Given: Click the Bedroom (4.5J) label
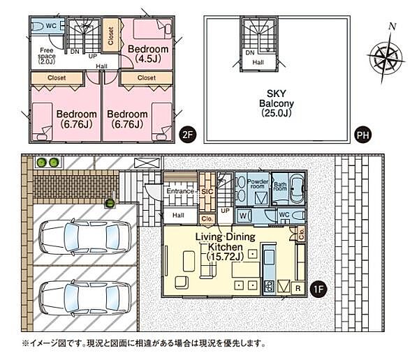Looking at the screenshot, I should pos(148,54).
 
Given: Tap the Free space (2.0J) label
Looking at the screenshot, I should pos(47,55).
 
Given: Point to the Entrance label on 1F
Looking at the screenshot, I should pos(179,191).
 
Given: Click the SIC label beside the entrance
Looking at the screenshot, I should pos(207,190).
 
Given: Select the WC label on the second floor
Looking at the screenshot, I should pos(50,25).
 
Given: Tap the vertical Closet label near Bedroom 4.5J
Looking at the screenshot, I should pos(110,36).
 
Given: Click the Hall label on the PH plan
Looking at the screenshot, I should pos(258,63).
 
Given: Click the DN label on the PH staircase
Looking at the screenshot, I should pos(249,52).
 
